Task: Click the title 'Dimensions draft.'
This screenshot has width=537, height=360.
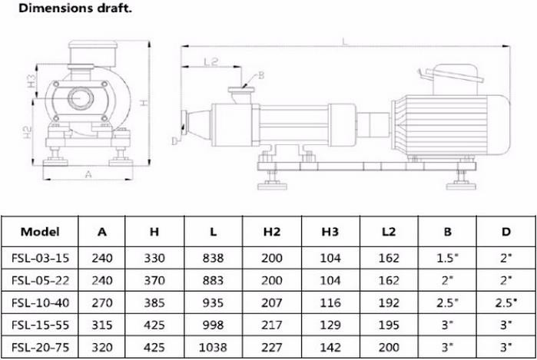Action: [75, 8]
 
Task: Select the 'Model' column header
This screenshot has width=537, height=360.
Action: [40, 232]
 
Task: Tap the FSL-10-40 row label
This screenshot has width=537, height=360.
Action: [41, 303]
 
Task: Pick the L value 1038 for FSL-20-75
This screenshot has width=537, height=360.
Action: [213, 348]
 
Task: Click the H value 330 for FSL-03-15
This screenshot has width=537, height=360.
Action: [154, 258]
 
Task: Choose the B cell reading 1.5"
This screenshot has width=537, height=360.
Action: [447, 258]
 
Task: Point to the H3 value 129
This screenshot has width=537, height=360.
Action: [330, 325]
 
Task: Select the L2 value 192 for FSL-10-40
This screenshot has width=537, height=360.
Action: [389, 303]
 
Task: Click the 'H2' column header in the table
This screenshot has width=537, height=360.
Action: [272, 232]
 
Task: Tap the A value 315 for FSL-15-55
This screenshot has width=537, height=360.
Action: [102, 325]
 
